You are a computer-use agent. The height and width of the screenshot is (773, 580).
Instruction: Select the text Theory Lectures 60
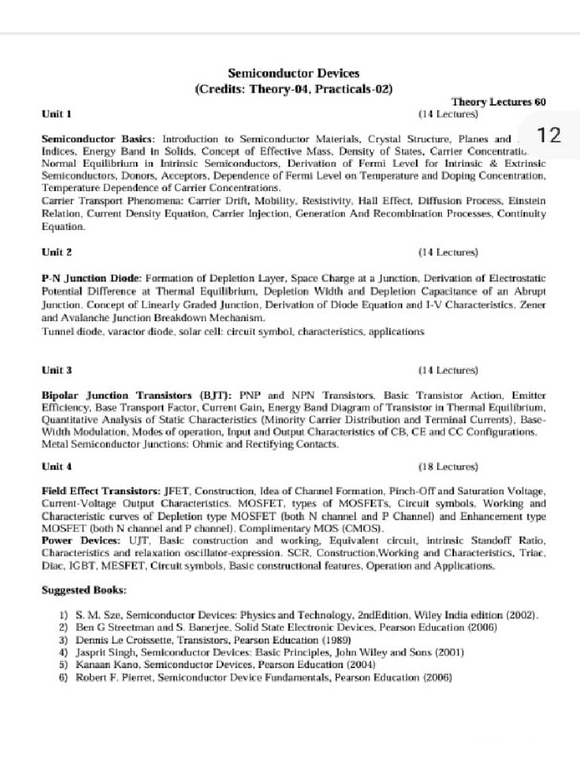[498, 102]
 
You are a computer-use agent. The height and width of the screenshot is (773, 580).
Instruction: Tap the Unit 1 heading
[57, 114]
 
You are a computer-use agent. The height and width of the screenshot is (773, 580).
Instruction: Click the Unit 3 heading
[57, 371]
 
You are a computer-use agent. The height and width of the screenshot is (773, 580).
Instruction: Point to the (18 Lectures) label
[448, 467]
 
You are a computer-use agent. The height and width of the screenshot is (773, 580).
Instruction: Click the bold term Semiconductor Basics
[97, 140]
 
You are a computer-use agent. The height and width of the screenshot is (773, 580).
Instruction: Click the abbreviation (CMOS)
[363, 528]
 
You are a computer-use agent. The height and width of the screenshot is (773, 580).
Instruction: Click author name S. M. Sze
[100, 616]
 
